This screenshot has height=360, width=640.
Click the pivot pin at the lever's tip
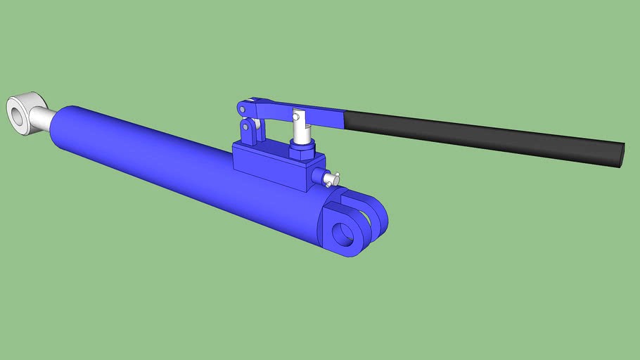point(242,108)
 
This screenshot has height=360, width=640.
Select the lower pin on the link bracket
point(245,129)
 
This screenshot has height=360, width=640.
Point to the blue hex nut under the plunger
point(300,149)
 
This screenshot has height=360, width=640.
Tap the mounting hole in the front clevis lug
point(343,233)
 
